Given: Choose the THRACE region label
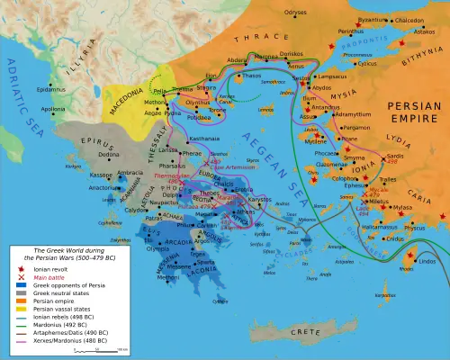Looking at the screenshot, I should pos(255,40).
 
